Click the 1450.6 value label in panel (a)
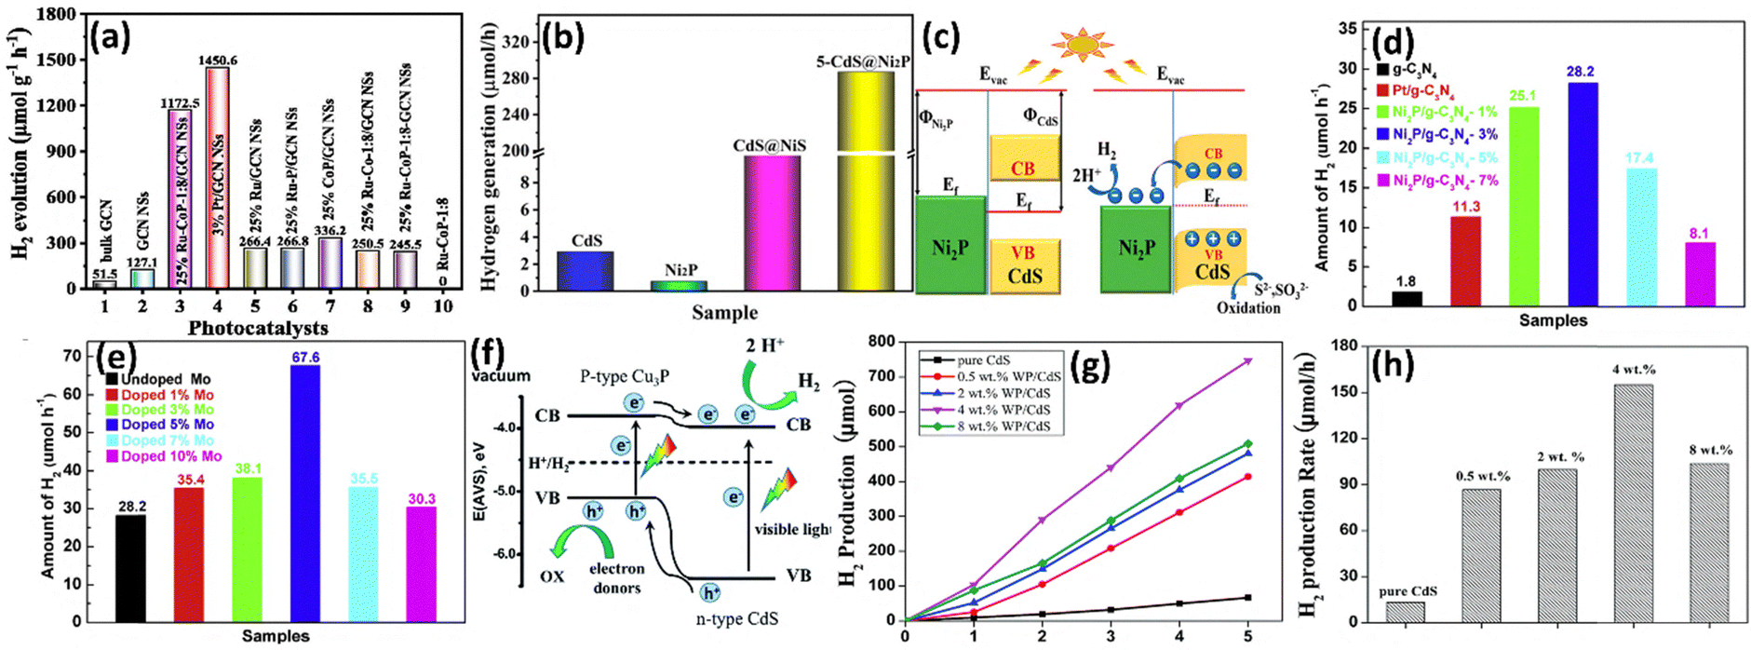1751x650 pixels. coord(217,61)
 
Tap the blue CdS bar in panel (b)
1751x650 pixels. coord(586,271)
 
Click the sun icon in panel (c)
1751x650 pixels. coord(1082,45)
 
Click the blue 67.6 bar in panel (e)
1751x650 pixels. coord(305,493)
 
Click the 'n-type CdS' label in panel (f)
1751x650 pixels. coord(736,618)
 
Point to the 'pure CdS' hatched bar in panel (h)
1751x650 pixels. coord(1405,612)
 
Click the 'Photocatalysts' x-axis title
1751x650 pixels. coord(258,328)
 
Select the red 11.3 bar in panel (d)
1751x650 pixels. coord(1466,261)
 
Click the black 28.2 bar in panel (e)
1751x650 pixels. coord(130,568)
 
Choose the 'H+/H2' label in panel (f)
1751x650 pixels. coord(548,464)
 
